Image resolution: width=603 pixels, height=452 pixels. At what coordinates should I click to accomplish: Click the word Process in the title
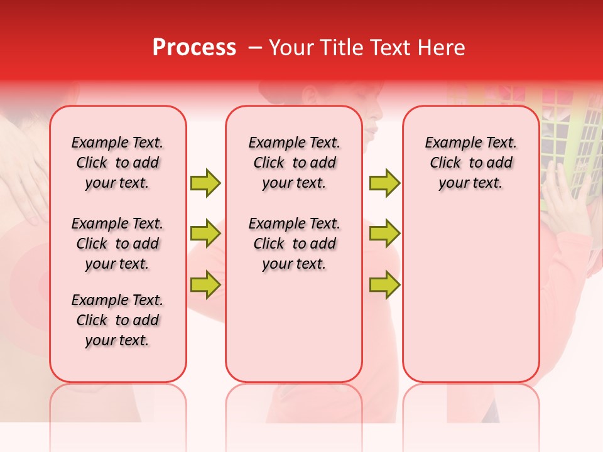[194, 48]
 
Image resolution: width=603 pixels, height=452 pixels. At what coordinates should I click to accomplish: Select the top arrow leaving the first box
[205, 183]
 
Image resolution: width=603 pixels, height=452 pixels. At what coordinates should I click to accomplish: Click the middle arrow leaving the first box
[205, 234]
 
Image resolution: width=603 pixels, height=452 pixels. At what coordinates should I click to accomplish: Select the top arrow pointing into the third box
[384, 183]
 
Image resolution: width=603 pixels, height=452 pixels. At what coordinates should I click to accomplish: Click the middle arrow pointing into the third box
[384, 234]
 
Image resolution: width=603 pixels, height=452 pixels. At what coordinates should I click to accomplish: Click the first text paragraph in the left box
[117, 163]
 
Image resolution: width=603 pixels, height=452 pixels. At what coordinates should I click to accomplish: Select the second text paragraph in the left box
[117, 244]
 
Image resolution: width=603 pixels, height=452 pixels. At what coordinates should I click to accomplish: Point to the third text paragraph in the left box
[117, 320]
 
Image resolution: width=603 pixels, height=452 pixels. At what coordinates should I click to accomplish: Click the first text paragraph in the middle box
[294, 163]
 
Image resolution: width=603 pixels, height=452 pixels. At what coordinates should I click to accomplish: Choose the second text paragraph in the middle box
[294, 244]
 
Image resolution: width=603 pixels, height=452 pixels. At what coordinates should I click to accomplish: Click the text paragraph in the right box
[471, 163]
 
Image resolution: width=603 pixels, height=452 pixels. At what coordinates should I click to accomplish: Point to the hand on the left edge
[25, 188]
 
